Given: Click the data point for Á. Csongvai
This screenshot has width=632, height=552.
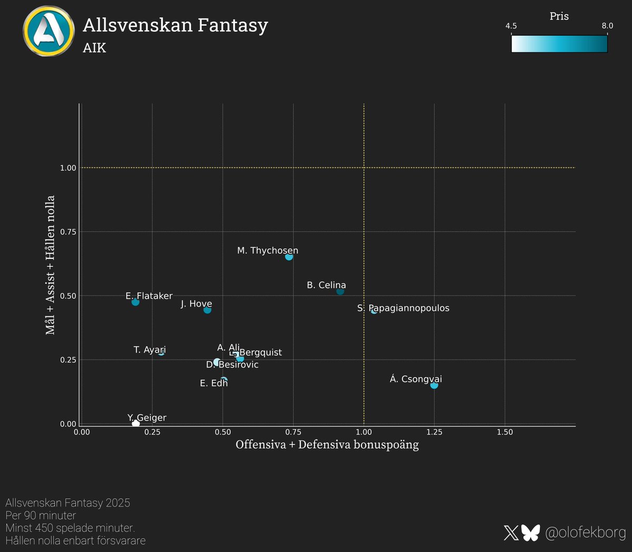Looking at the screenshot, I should (434, 385).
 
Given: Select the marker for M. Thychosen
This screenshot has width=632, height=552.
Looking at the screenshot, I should (289, 257).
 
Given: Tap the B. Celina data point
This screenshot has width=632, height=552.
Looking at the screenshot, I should (340, 291).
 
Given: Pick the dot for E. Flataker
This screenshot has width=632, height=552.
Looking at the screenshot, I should (135, 302).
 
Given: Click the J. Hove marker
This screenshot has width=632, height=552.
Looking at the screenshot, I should (208, 310).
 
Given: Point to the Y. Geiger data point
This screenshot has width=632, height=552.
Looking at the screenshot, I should (136, 423).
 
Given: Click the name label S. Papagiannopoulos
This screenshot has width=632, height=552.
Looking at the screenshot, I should (403, 308).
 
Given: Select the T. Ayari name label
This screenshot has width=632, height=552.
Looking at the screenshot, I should (150, 350).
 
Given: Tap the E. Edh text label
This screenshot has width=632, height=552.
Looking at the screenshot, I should (214, 383).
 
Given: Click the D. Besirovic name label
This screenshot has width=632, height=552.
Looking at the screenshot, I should (232, 365).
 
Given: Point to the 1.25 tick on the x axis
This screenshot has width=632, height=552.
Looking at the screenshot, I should (434, 432).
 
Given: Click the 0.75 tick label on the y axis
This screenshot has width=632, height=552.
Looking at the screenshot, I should (68, 232).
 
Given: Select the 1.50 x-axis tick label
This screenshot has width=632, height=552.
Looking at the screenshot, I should (505, 432).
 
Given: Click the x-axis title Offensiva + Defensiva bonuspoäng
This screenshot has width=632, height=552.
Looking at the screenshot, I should (327, 445).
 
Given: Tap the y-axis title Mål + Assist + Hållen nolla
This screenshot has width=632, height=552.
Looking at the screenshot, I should (51, 265).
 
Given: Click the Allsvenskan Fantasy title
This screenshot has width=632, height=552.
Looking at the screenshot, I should (175, 25).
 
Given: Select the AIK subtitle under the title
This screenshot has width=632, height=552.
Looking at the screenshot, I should (95, 48).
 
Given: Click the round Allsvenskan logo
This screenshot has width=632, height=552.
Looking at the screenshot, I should (48, 31).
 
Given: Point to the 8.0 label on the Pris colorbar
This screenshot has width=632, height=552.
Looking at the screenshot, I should (607, 26).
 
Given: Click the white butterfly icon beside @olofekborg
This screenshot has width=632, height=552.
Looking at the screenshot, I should (531, 533).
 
